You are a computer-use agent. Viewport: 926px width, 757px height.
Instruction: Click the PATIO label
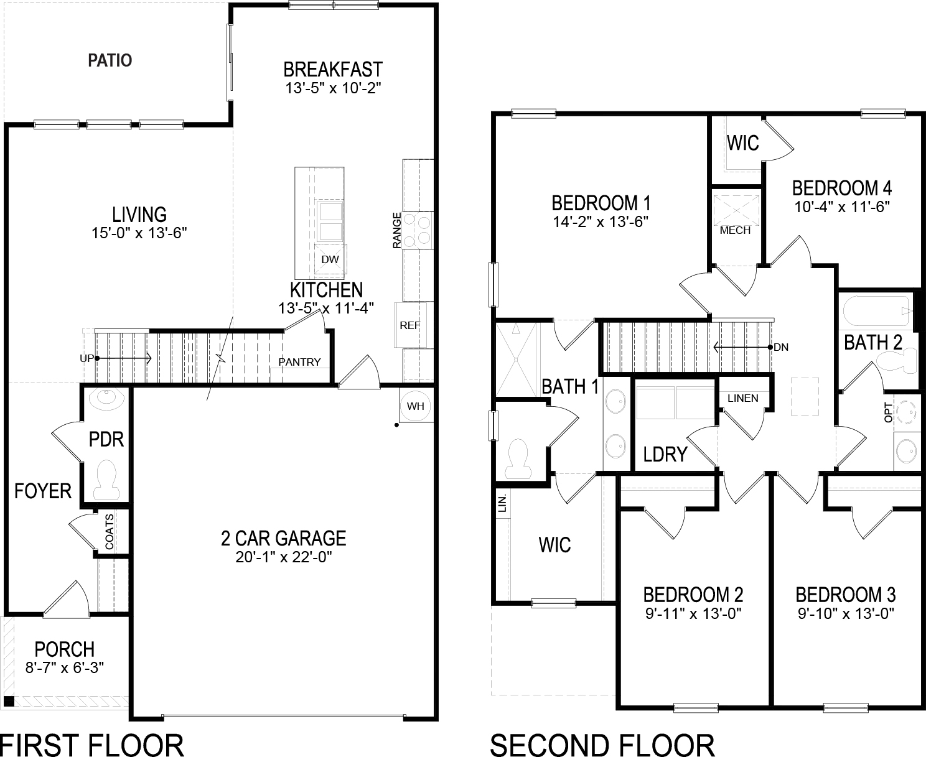tap(110, 60)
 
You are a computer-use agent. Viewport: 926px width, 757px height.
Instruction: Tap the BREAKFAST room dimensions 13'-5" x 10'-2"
tap(333, 88)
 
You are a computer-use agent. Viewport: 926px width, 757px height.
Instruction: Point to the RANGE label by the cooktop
tap(396, 230)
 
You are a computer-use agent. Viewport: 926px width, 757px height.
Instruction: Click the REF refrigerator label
tap(410, 325)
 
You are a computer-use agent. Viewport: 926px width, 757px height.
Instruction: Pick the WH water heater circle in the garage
tap(415, 406)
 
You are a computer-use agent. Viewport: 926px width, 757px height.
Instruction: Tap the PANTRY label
tap(299, 362)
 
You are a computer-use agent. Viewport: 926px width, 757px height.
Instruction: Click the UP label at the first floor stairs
tap(87, 358)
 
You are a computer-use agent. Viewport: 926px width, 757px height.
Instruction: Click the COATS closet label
tap(110, 531)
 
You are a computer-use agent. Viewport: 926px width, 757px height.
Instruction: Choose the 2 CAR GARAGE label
tap(283, 537)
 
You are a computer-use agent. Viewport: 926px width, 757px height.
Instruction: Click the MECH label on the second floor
tap(735, 230)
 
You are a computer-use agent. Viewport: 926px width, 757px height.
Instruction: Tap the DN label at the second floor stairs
tap(781, 347)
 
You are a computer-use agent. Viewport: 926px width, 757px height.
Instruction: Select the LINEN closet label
tap(742, 398)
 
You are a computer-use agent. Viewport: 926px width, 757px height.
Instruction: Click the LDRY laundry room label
tap(665, 454)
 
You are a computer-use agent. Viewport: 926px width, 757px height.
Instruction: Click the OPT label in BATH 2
tap(888, 412)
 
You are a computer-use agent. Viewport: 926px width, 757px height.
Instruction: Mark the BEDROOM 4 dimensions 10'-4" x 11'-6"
tap(842, 207)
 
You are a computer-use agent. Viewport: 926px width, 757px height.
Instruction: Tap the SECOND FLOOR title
tap(602, 745)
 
